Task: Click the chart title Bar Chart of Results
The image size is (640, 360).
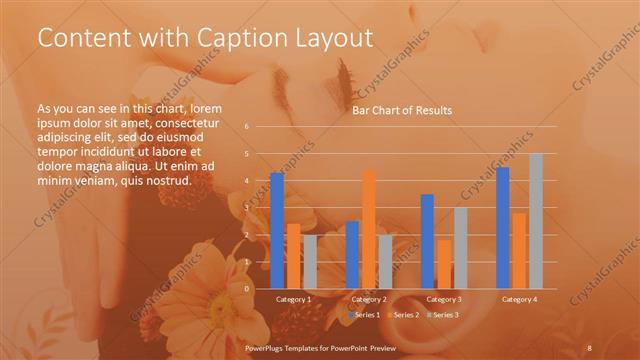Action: tap(401, 110)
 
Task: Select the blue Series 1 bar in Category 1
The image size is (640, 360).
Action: tap(277, 230)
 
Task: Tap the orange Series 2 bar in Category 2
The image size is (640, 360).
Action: tap(369, 229)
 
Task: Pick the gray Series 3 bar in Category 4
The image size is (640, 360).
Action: tap(536, 220)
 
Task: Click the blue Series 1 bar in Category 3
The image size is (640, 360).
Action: tap(427, 241)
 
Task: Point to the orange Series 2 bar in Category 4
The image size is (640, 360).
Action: tap(519, 250)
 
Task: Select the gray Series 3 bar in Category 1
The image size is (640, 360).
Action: tap(310, 261)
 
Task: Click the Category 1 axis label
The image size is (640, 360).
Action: tap(293, 299)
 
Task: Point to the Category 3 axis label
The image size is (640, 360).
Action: tap(444, 299)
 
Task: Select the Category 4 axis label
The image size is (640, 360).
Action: tap(519, 299)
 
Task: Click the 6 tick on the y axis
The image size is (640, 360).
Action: tap(247, 127)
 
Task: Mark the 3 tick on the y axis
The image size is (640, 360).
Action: tap(247, 208)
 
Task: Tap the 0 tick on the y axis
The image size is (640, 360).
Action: tap(247, 288)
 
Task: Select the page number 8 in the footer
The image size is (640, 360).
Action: tap(590, 345)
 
